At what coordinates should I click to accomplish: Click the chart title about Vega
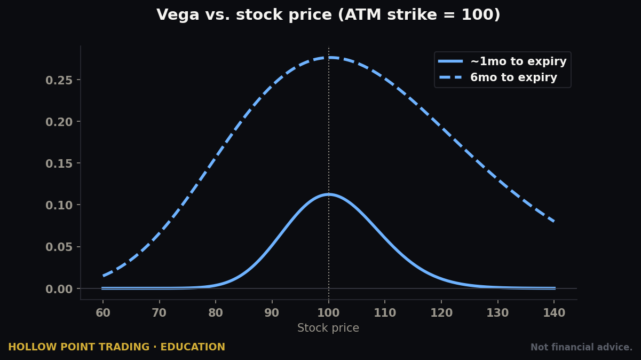[328, 14]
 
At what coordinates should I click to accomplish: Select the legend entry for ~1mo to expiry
[502, 61]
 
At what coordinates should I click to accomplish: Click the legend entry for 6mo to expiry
[497, 77]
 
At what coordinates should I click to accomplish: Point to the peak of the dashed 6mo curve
[329, 58]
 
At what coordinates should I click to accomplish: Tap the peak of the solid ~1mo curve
[329, 195]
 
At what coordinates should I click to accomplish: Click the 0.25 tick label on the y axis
[59, 81]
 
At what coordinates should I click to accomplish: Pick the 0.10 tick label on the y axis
[59, 205]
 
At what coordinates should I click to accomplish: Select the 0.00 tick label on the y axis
[59, 289]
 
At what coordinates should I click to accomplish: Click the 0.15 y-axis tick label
[59, 164]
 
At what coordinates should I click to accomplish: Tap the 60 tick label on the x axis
[103, 313]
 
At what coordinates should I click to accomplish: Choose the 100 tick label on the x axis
[329, 313]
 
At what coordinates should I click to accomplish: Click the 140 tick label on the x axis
[555, 313]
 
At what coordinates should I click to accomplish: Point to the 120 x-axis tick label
[441, 313]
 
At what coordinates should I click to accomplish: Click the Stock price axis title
[328, 328]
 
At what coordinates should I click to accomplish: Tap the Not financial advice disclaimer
[581, 347]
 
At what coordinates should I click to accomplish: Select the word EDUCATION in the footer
[193, 347]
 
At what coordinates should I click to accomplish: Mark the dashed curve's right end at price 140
[555, 221]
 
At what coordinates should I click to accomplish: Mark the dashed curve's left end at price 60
[103, 276]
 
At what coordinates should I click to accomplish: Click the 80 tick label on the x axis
[216, 313]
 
